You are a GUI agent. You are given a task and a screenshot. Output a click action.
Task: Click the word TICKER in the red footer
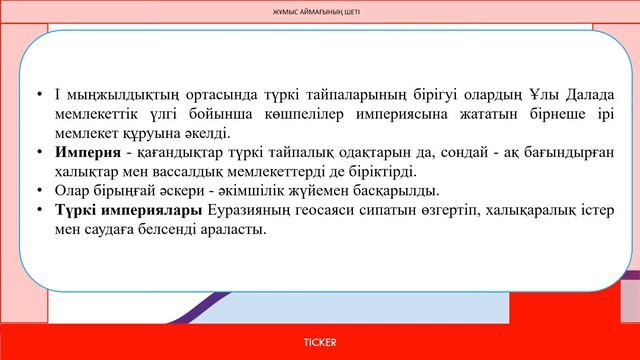(x=320, y=342)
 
